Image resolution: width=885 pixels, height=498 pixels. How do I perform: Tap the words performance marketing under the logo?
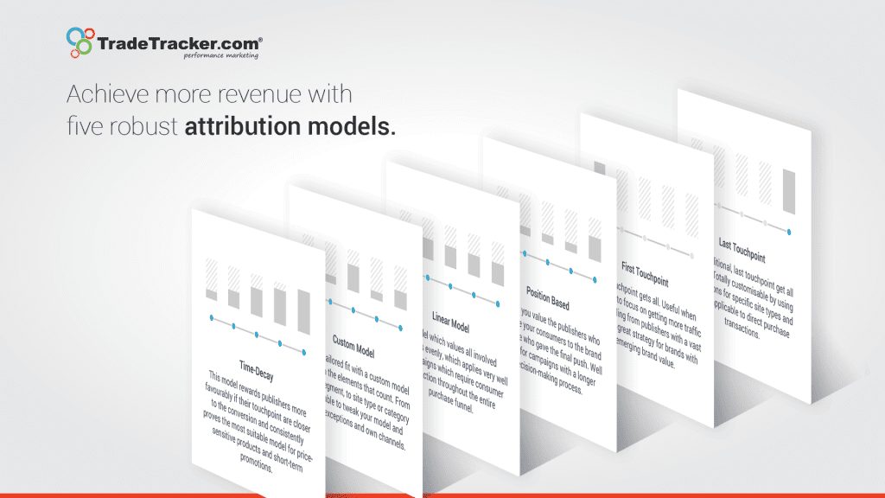click(x=220, y=54)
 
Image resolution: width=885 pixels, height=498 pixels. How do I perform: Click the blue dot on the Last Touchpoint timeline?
click(x=789, y=230)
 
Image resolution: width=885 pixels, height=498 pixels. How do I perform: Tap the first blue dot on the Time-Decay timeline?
click(x=211, y=319)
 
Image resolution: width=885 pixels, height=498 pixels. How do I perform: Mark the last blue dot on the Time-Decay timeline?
click(x=304, y=350)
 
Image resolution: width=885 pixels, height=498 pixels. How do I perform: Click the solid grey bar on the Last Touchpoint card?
click(x=789, y=192)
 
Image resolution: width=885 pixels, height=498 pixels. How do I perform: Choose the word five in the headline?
click(x=83, y=127)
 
